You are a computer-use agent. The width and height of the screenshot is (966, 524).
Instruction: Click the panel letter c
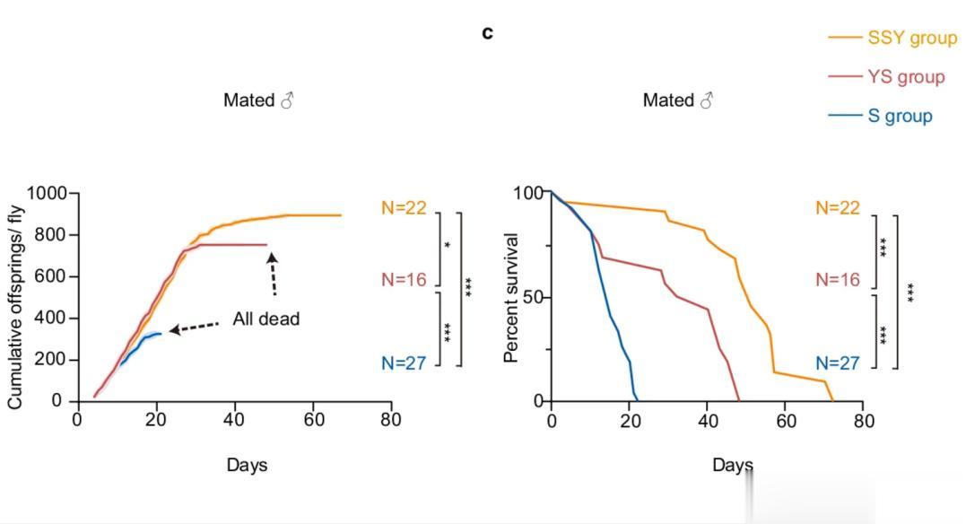[x=487, y=33]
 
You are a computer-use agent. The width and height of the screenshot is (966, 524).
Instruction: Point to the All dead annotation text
[x=265, y=319]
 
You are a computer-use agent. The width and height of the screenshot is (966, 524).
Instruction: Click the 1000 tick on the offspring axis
[x=47, y=194]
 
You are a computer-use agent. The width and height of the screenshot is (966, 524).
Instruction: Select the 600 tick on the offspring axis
[x=52, y=276]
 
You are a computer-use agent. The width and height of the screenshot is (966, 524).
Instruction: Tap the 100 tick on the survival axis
[x=526, y=193]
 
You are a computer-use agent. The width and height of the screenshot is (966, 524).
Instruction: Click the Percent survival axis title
[x=511, y=297]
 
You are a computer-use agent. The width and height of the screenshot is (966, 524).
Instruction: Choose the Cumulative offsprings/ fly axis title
[x=15, y=297]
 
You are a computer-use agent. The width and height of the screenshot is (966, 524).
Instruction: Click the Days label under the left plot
[x=247, y=465]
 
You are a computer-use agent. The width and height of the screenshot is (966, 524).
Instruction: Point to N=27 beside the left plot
[x=404, y=363]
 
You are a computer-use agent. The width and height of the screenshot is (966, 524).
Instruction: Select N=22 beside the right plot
[x=838, y=208]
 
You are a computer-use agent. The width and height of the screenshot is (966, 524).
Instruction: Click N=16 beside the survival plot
[x=838, y=280]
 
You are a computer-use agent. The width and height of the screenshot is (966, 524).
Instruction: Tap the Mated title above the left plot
[x=258, y=100]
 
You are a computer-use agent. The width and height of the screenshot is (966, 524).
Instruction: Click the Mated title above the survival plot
[x=678, y=100]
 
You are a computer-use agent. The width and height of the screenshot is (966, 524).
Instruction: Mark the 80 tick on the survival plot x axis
[x=862, y=420]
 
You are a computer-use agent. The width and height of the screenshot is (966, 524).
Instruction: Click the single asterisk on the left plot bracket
[x=447, y=245]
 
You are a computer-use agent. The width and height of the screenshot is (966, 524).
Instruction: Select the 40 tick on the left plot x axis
[x=234, y=420]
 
